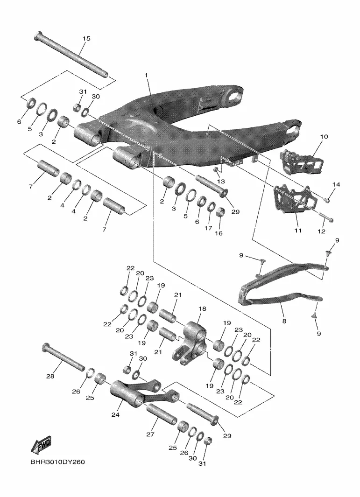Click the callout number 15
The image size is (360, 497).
coord(86,38)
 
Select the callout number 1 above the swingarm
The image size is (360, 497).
coord(146,75)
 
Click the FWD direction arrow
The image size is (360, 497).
coord(41,446)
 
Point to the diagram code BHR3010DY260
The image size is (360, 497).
coord(58,462)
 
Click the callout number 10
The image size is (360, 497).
coord(324,137)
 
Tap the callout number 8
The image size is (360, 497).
coord(284,321)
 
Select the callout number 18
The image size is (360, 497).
coord(202,309)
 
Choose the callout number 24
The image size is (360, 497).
coord(115,414)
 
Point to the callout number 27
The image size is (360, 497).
coord(150,434)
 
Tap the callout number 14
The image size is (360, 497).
coord(336,184)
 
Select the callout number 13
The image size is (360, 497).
coord(221,182)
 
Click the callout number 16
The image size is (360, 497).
coord(219,233)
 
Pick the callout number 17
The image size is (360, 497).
coord(208,228)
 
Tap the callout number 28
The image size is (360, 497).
coord(50,376)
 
